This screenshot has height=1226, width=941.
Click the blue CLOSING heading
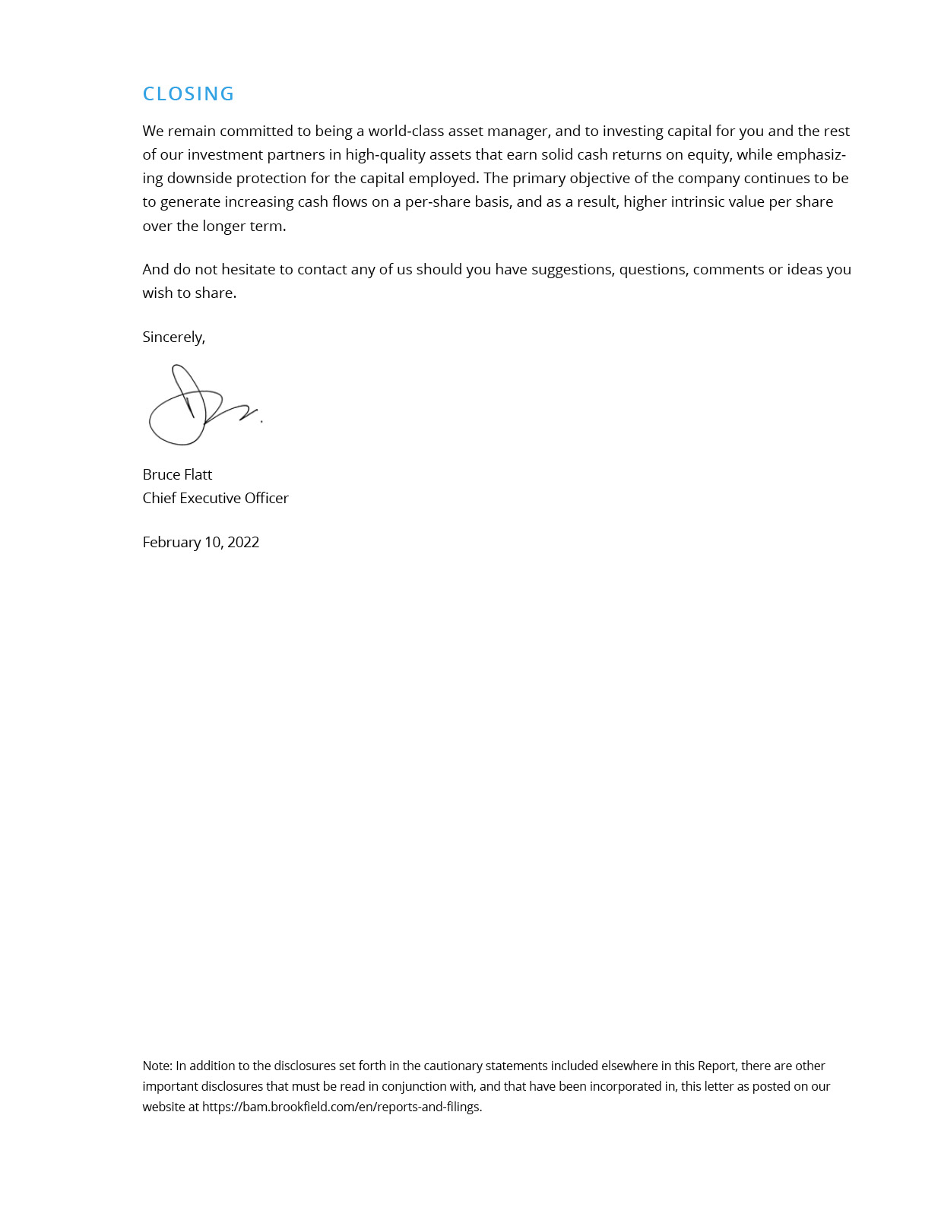click(189, 93)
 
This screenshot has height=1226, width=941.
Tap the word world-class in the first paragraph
click(406, 131)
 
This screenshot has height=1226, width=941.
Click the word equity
click(708, 154)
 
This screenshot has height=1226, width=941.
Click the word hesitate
click(248, 269)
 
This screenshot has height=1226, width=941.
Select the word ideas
click(804, 269)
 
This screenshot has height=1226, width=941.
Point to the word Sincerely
click(173, 337)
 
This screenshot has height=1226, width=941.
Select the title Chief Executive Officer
click(216, 498)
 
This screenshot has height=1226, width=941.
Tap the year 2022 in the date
click(243, 542)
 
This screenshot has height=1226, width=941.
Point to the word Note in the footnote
click(157, 1066)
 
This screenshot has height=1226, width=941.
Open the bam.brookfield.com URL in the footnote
click(341, 1107)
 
